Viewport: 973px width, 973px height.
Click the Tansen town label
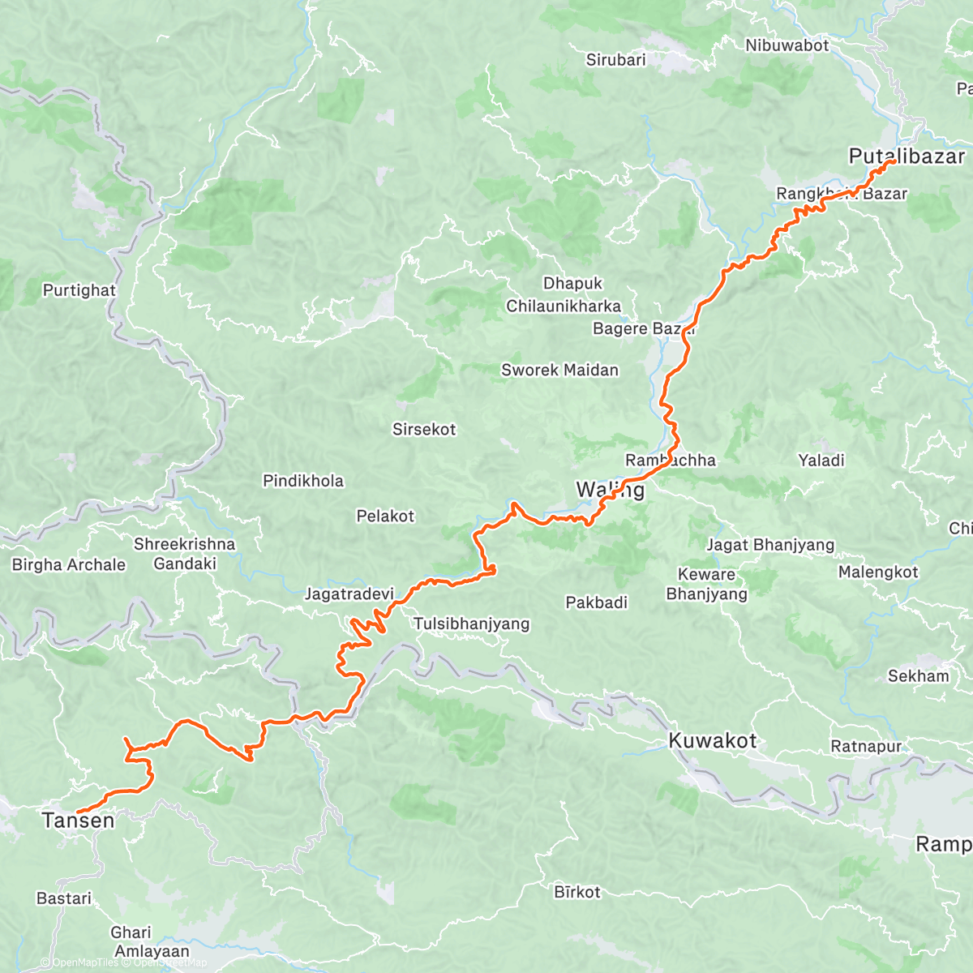click(x=78, y=821)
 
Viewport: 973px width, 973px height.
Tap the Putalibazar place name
click(x=907, y=156)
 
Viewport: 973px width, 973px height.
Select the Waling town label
click(x=611, y=490)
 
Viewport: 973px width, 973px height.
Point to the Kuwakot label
click(x=712, y=740)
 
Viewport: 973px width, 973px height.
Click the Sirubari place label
click(x=615, y=59)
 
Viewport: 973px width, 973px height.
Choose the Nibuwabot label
click(x=787, y=45)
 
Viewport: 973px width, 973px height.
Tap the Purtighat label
click(x=79, y=290)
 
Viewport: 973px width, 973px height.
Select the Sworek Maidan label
click(x=559, y=370)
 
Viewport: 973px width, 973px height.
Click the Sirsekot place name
click(x=424, y=429)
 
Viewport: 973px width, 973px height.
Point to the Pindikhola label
click(x=303, y=481)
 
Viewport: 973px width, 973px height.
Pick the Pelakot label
click(x=385, y=516)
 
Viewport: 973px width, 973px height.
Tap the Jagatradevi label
click(x=349, y=594)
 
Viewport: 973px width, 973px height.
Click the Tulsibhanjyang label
click(x=471, y=624)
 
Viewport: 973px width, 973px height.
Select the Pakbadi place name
click(x=596, y=602)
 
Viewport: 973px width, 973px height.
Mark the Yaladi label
click(x=821, y=460)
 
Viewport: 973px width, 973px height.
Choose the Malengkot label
click(x=878, y=572)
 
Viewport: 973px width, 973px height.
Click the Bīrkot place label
click(x=577, y=892)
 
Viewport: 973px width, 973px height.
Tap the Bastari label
click(x=64, y=898)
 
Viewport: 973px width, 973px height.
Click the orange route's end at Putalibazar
click(x=892, y=162)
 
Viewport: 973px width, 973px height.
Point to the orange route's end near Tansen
click(x=78, y=811)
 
